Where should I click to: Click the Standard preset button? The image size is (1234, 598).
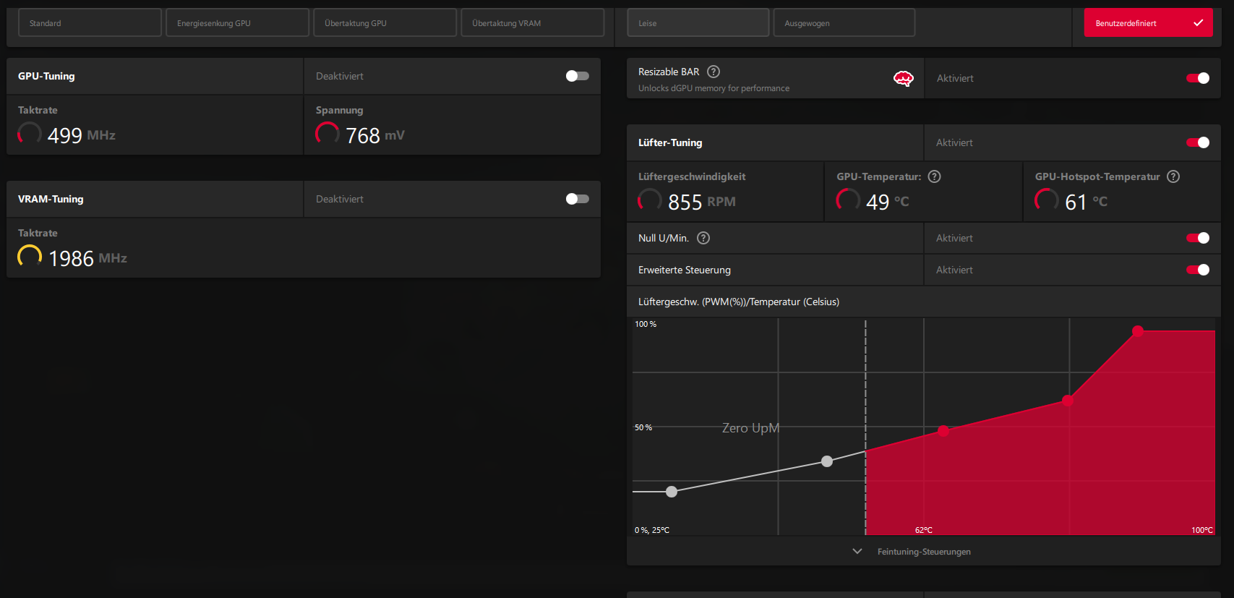pos(90,23)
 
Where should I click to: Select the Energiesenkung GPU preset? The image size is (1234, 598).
pos(237,23)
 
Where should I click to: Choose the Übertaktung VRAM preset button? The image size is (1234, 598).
pos(532,23)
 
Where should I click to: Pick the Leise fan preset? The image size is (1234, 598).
pos(698,23)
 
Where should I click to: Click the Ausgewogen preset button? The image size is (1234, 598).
pos(844,23)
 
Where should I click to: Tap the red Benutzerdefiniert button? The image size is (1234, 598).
pos(1148,23)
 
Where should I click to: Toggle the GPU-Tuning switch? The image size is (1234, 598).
pos(577,76)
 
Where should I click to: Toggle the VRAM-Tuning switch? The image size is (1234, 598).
pos(577,199)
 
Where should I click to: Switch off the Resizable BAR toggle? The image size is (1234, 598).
pos(1197,78)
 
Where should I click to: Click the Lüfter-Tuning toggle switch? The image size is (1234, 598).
pos(1197,142)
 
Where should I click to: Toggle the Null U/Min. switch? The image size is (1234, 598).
pos(1197,238)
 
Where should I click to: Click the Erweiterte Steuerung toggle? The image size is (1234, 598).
pos(1197,270)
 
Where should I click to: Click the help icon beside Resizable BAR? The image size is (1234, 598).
pos(714,72)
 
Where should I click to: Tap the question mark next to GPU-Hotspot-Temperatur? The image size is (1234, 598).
pos(1173,176)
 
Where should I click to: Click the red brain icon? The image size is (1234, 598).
pos(904,79)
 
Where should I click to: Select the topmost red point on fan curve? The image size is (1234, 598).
pos(1138,331)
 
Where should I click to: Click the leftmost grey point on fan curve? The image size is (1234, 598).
pos(672,492)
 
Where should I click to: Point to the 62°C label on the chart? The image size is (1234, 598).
pos(924,530)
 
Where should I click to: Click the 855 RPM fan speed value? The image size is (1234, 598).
pos(685,202)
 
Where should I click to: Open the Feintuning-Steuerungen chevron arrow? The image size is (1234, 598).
pos(857,552)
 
